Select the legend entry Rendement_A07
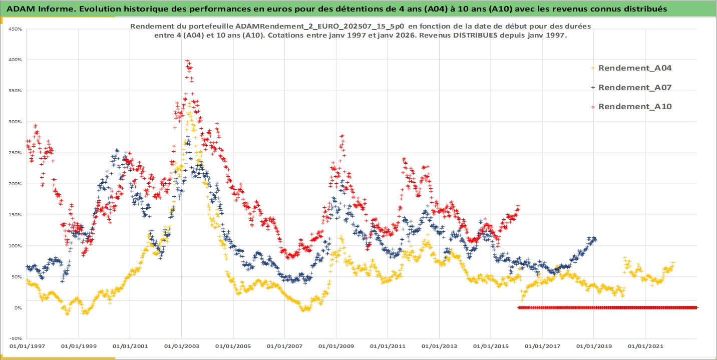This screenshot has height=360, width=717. (x=634, y=87)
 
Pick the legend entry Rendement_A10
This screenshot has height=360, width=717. (x=634, y=106)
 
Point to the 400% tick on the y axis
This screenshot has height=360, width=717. (x=15, y=60)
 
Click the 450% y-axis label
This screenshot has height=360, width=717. (x=15, y=29)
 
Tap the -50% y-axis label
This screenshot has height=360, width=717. (x=15, y=338)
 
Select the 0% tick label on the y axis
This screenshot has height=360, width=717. (x=17, y=308)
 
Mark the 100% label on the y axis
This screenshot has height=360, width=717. (x=15, y=246)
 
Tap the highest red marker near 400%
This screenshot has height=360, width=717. (x=187, y=61)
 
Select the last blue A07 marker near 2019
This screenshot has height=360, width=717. (x=594, y=238)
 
